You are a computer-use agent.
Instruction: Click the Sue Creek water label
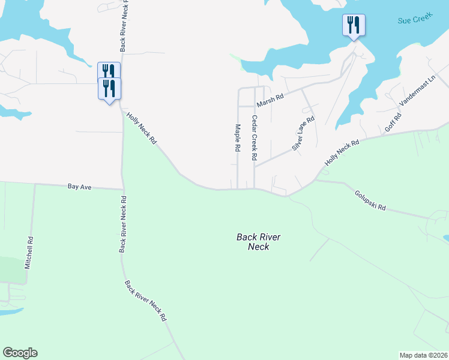click(412, 20)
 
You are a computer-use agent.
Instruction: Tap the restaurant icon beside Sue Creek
click(354, 25)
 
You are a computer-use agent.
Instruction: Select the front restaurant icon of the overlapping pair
click(109, 89)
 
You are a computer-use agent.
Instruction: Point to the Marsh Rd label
click(271, 98)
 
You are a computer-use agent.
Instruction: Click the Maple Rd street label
click(238, 138)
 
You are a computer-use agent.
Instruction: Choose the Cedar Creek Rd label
click(255, 138)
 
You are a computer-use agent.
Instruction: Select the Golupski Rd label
click(370, 201)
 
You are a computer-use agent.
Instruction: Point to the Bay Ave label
click(79, 187)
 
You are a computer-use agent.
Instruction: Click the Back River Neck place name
click(259, 242)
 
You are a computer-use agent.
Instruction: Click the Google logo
click(20, 353)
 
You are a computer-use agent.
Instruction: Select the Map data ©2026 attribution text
click(423, 355)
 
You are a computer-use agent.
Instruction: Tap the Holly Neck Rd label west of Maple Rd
click(142, 128)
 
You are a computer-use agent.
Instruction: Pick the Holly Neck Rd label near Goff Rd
click(342, 152)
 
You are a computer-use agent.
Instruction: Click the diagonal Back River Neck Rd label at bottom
click(145, 301)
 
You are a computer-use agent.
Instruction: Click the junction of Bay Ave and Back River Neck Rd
click(122, 188)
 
